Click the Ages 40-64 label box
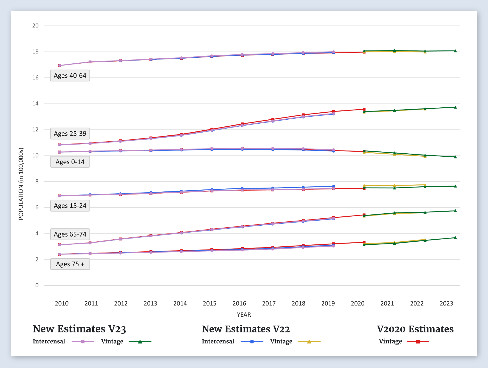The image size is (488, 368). [70, 76]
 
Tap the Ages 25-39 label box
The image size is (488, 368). [70, 134]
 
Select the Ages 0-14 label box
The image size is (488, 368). [70, 162]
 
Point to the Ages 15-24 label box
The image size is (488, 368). [70, 206]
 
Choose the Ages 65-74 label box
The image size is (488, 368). [70, 234]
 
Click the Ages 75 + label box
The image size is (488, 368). [70, 264]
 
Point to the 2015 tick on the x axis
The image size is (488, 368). [210, 304]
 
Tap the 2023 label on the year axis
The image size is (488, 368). [446, 304]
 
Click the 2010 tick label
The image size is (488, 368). [62, 304]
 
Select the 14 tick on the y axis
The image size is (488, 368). [35, 104]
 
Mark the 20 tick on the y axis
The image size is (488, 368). [35, 26]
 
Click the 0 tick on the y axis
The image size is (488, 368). [37, 286]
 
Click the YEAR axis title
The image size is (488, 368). [244, 315]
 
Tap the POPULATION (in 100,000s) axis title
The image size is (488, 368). [21, 184]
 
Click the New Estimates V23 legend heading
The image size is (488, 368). [79, 329]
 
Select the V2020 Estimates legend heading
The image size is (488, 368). [415, 329]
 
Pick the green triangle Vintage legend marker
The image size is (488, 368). [140, 342]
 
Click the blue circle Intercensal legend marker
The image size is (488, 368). [252, 342]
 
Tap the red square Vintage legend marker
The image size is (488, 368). [418, 342]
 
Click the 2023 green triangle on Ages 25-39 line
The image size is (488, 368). [455, 107]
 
